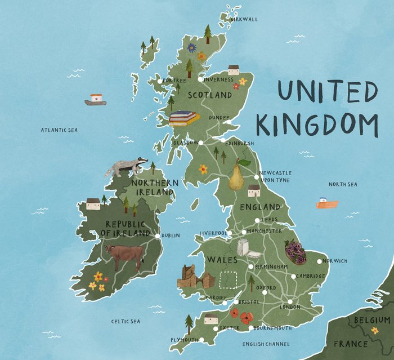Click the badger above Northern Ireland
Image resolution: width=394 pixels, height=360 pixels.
(x=126, y=167)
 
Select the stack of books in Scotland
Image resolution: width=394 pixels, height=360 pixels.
(x=184, y=117)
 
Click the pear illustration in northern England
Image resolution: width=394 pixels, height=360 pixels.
(x=237, y=176)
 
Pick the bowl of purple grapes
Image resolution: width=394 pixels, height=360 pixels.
(x=295, y=252)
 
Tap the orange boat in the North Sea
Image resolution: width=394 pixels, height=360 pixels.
(x=326, y=203)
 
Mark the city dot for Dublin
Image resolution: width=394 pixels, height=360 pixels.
(x=158, y=235)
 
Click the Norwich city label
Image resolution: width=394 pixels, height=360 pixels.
(x=335, y=261)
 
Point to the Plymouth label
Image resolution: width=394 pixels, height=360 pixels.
(x=185, y=340)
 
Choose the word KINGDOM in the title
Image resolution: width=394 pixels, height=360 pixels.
(x=317, y=125)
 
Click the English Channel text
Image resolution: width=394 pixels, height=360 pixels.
(x=266, y=344)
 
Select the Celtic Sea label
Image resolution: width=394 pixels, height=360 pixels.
(x=125, y=321)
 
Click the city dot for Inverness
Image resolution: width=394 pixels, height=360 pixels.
(x=200, y=79)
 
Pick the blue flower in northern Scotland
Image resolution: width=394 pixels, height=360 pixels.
(x=192, y=48)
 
